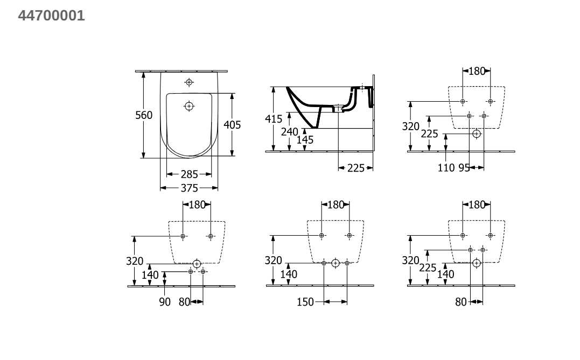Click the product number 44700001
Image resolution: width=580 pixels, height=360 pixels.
(x=51, y=16)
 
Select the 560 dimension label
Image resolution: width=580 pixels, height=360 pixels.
(x=144, y=115)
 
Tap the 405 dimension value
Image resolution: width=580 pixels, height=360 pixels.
(x=232, y=125)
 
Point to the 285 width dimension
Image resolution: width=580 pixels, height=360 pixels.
(x=189, y=174)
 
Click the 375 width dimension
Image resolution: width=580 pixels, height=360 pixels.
(x=189, y=188)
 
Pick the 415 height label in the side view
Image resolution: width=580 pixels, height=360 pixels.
(x=274, y=119)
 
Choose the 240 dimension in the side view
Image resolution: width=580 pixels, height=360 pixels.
(x=289, y=132)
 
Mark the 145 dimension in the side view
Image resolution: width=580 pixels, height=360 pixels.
(x=305, y=140)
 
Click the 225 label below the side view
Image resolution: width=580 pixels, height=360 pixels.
(x=356, y=168)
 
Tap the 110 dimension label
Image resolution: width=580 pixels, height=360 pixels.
(x=446, y=168)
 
